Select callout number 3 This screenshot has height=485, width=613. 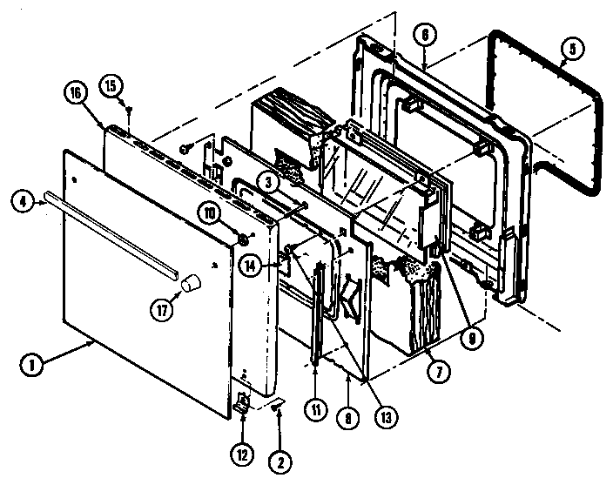point(273,181)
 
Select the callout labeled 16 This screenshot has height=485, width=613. point(77,92)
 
